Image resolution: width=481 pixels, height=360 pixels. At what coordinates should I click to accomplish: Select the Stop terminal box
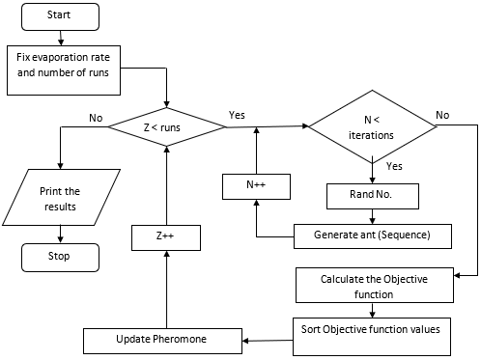tap(60, 258)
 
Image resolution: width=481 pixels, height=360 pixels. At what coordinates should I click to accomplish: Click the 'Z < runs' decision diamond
tap(168, 125)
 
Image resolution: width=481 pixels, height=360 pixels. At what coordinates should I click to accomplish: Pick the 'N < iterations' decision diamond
tap(371, 127)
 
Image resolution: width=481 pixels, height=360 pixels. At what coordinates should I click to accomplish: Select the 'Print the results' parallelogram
tap(60, 198)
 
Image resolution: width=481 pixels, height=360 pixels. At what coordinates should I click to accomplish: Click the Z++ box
tap(167, 235)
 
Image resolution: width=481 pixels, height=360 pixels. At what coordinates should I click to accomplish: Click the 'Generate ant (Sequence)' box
tap(372, 235)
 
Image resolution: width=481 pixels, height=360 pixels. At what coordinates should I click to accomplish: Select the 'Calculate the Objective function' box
tap(372, 286)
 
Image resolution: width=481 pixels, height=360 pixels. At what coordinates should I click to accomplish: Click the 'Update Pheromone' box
tap(161, 340)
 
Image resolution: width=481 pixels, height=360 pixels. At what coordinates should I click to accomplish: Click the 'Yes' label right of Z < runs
tap(237, 114)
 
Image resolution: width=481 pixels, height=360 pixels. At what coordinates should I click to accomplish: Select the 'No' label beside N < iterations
tap(442, 114)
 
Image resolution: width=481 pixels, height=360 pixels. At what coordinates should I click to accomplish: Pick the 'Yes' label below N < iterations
tap(394, 165)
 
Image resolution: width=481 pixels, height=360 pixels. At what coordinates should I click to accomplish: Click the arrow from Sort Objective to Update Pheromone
tap(267, 340)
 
